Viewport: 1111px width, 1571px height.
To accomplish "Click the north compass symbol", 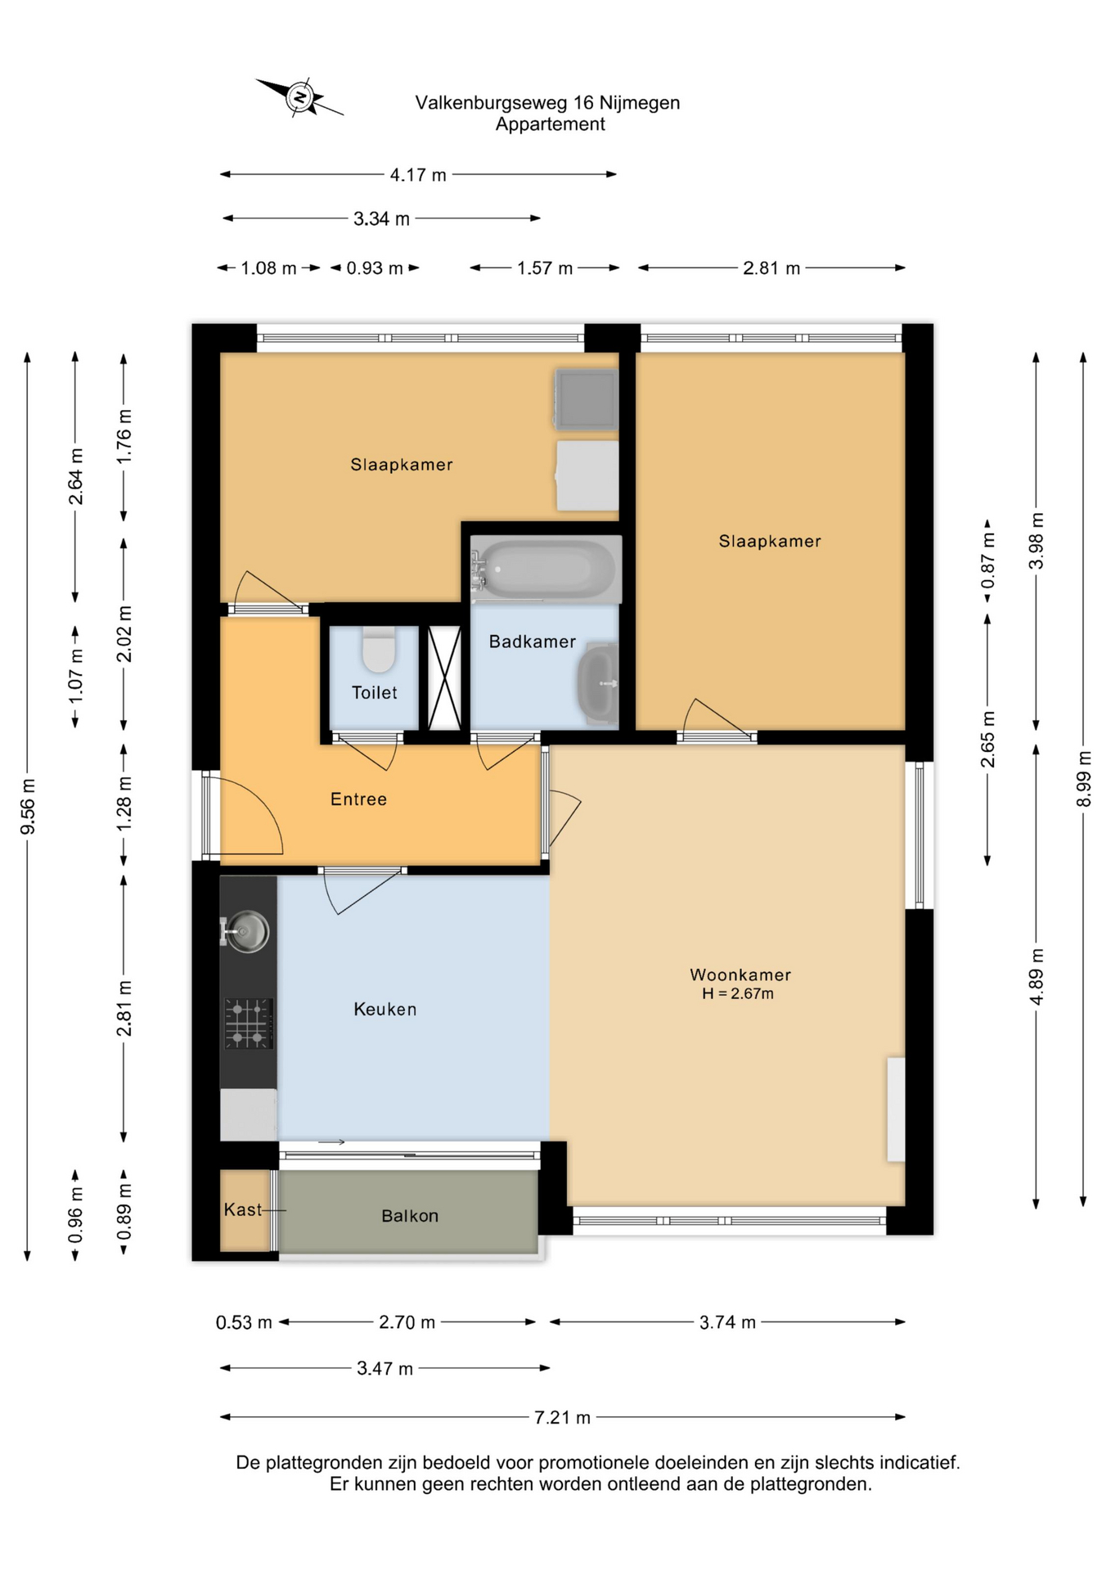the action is pyautogui.click(x=299, y=97).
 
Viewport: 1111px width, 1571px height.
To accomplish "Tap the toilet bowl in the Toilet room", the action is pyautogui.click(x=379, y=650).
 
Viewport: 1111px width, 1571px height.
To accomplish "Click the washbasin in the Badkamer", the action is pyautogui.click(x=599, y=683).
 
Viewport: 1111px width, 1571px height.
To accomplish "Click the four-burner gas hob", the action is pyautogui.click(x=248, y=1023).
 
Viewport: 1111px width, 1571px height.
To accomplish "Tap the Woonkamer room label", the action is pyautogui.click(x=740, y=975).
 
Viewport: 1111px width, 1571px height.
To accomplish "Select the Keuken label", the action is pyautogui.click(x=385, y=1010).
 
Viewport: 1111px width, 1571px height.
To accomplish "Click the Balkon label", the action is pyautogui.click(x=410, y=1216).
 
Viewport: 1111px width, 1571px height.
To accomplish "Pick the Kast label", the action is pyautogui.click(x=243, y=1209).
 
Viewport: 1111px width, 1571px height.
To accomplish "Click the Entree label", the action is pyautogui.click(x=358, y=799).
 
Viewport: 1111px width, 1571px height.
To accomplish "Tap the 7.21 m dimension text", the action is pyautogui.click(x=562, y=1417).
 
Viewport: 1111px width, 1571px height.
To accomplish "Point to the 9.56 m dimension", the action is pyautogui.click(x=28, y=807).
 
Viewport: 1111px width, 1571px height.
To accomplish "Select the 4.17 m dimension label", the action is pyautogui.click(x=418, y=175).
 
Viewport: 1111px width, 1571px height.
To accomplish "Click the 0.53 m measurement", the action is pyautogui.click(x=244, y=1322).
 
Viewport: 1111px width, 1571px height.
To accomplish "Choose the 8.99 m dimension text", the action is pyautogui.click(x=1083, y=779).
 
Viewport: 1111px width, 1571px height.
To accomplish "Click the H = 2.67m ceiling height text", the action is pyautogui.click(x=738, y=993).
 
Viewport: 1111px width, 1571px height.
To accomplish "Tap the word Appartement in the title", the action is pyautogui.click(x=550, y=124).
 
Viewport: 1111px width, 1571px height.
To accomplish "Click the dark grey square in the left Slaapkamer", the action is pyautogui.click(x=586, y=399).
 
